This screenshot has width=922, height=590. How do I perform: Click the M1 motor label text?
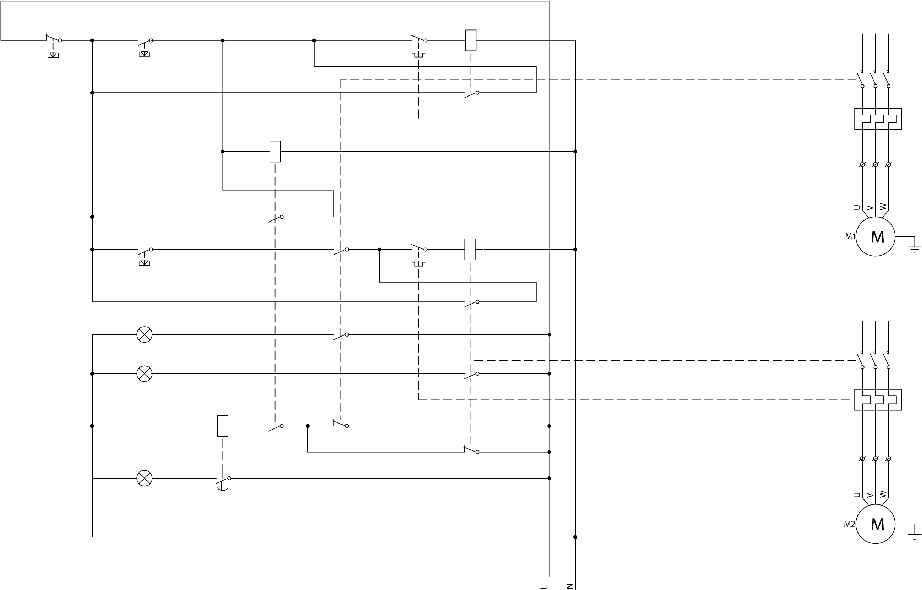(x=850, y=236)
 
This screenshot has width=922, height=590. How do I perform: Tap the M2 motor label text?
(x=849, y=524)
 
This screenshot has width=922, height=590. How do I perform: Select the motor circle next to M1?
(x=875, y=236)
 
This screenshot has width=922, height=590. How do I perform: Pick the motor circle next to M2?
(x=875, y=524)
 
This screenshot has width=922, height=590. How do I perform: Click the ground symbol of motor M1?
(x=914, y=249)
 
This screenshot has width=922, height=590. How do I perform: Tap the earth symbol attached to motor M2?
(x=914, y=536)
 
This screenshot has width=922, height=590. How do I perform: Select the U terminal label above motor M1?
(x=857, y=207)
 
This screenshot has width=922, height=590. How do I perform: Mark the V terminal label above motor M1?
(x=870, y=208)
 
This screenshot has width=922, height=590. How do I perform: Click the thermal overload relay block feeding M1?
(x=878, y=119)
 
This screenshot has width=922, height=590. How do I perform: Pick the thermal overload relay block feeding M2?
(x=878, y=400)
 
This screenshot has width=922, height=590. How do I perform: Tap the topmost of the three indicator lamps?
(x=144, y=335)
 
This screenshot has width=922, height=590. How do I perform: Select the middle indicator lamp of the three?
(x=144, y=374)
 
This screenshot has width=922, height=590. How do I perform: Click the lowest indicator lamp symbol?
(x=144, y=479)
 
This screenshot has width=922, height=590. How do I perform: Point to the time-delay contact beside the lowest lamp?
(x=223, y=481)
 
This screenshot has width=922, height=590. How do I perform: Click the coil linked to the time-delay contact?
(x=223, y=426)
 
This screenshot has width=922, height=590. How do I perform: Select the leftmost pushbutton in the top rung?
(x=53, y=42)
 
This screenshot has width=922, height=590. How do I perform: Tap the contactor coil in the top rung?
(x=471, y=40)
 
